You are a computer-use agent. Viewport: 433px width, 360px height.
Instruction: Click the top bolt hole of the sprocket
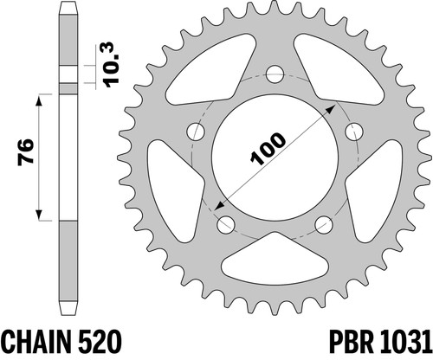click(275, 74)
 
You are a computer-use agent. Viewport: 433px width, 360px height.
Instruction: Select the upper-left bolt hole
click(196, 132)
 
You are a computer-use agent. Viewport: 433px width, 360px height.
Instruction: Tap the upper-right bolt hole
click(354, 132)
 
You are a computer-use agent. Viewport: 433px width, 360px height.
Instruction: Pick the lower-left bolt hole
click(226, 224)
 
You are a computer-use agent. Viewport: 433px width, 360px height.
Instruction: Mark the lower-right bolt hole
click(324, 224)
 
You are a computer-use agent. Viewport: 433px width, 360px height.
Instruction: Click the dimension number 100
click(268, 149)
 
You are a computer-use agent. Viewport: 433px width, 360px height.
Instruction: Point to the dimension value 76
click(25, 152)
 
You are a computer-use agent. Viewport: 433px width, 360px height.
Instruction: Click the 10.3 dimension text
click(112, 65)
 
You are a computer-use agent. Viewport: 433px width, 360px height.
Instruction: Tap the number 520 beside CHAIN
click(99, 343)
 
